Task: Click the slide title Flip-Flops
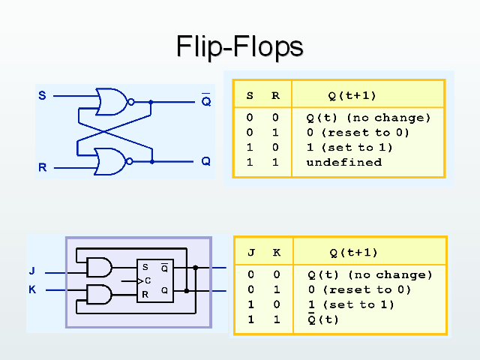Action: tap(239, 46)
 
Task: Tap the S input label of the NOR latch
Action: tap(42, 96)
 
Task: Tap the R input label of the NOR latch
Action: tap(42, 167)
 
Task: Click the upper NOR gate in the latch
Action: tap(112, 101)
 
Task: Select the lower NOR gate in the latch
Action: tap(112, 160)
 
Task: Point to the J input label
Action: tap(32, 271)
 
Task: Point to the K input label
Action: tap(32, 289)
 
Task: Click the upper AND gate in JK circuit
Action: tap(99, 267)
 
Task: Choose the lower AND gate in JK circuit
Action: tap(99, 294)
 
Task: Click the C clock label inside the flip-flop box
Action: tap(148, 280)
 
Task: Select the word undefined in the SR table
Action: tap(343, 162)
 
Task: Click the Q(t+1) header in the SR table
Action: tap(352, 95)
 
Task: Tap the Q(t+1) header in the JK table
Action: tap(353, 253)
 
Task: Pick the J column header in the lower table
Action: tap(251, 253)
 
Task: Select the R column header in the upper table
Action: tap(275, 95)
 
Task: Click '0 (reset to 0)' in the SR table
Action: tap(358, 133)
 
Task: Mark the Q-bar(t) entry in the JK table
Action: tap(323, 319)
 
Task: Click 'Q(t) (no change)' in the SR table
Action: tap(368, 118)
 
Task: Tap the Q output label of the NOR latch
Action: tap(205, 161)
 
